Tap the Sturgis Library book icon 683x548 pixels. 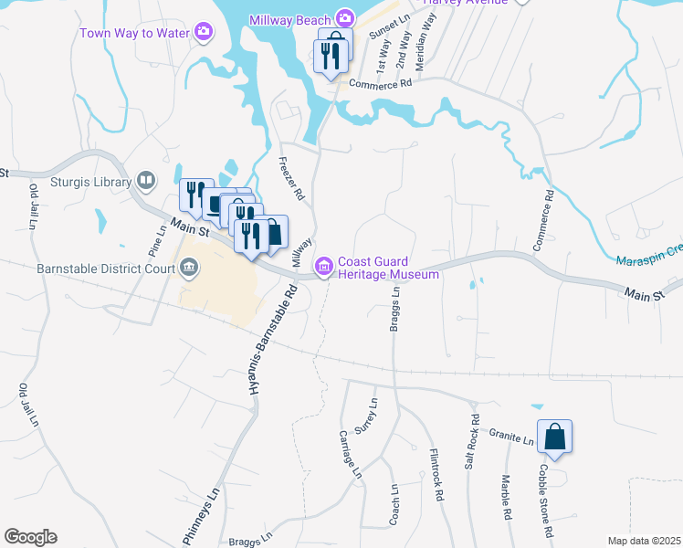[145, 182]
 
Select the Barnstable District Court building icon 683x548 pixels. [189, 269]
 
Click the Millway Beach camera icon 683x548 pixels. [344, 17]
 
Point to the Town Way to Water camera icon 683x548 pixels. [204, 33]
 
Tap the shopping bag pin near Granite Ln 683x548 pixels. [555, 438]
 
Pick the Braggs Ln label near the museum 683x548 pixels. [395, 311]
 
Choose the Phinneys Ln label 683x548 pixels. [202, 517]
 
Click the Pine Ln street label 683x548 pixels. [153, 240]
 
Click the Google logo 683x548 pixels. [30, 537]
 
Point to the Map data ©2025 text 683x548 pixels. [643, 541]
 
